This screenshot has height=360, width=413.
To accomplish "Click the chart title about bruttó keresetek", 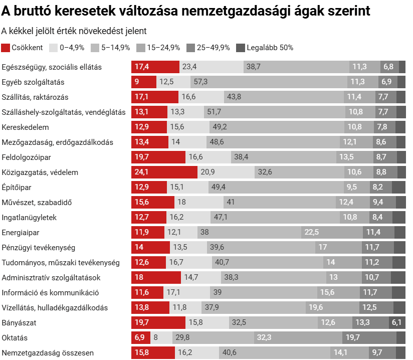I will pos(186,12).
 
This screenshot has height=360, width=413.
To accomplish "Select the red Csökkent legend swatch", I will pos(6,48).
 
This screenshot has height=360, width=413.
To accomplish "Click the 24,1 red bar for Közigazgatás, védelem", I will pos(164,172).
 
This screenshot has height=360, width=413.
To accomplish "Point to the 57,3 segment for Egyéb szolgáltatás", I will pos(269,82).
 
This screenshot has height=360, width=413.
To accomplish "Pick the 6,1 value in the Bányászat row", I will pos(396,323).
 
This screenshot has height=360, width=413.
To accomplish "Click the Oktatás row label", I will pos(15,338).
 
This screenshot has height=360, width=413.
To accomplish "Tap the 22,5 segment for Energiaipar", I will pos(332,233).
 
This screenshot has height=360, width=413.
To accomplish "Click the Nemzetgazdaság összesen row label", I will pos(48,353).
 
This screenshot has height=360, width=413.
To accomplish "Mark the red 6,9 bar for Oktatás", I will pos(140,338).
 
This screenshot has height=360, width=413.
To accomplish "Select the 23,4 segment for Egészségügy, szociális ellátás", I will pos(211,67).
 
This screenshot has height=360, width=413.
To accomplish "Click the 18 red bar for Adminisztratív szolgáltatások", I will pos(156,278).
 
